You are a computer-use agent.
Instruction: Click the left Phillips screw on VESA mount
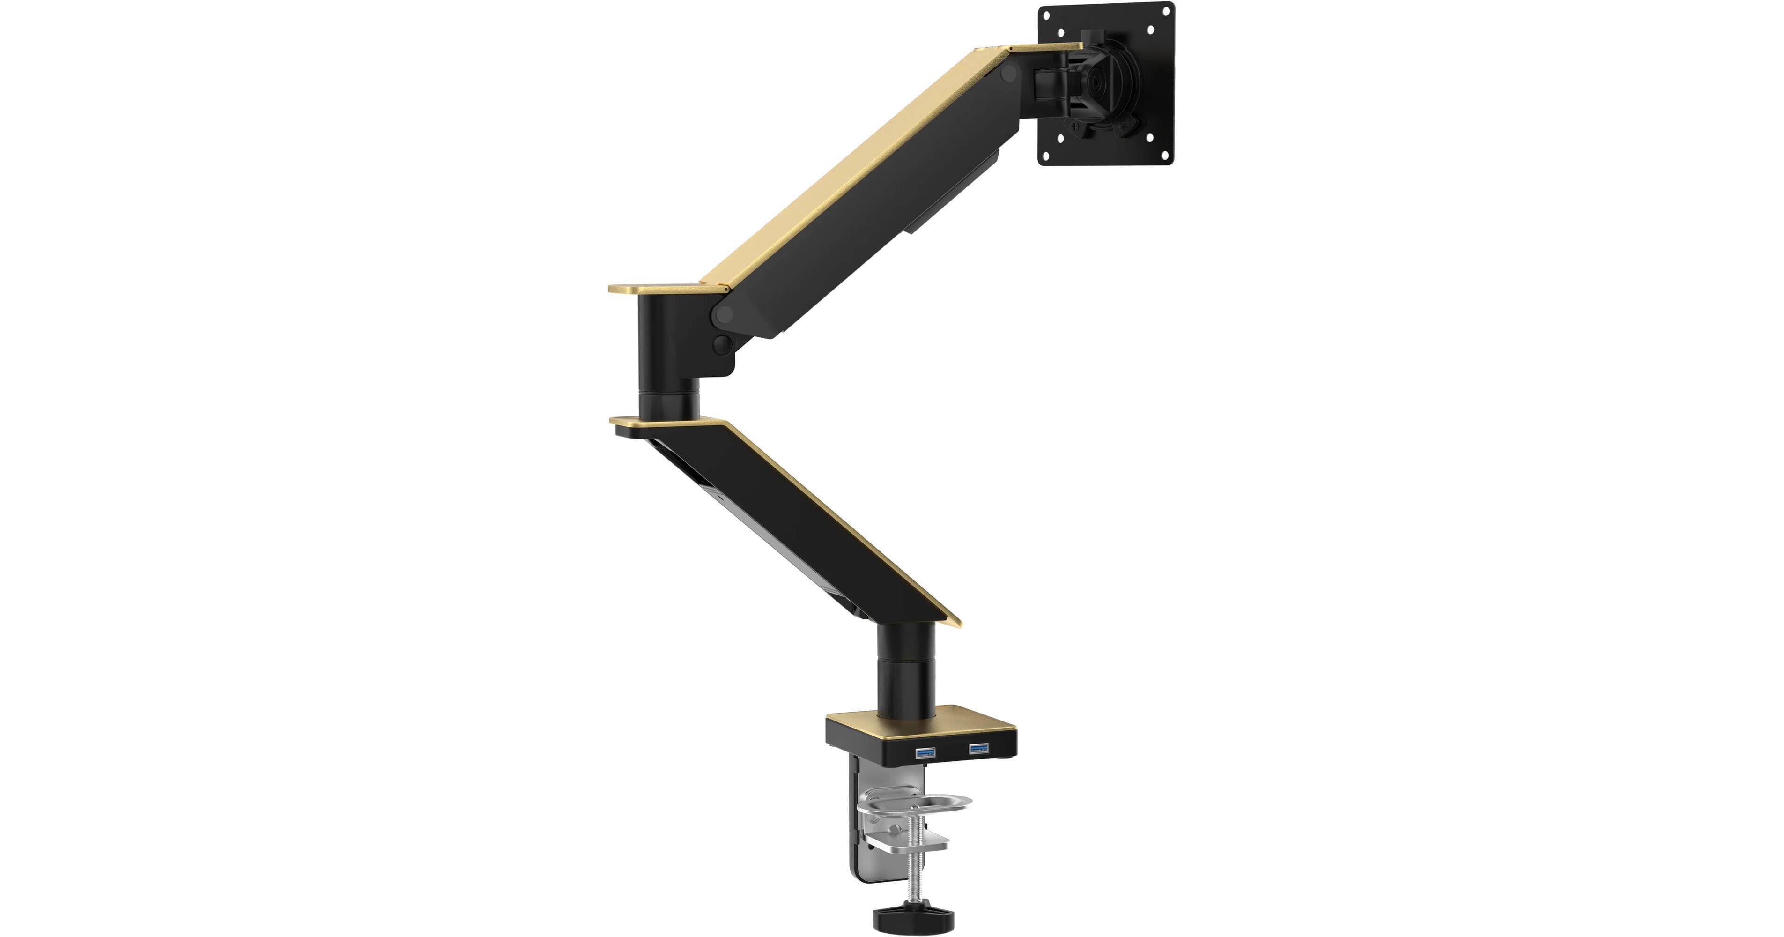pos(1075,127)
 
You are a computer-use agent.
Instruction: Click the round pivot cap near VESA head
pos(1012,74)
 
